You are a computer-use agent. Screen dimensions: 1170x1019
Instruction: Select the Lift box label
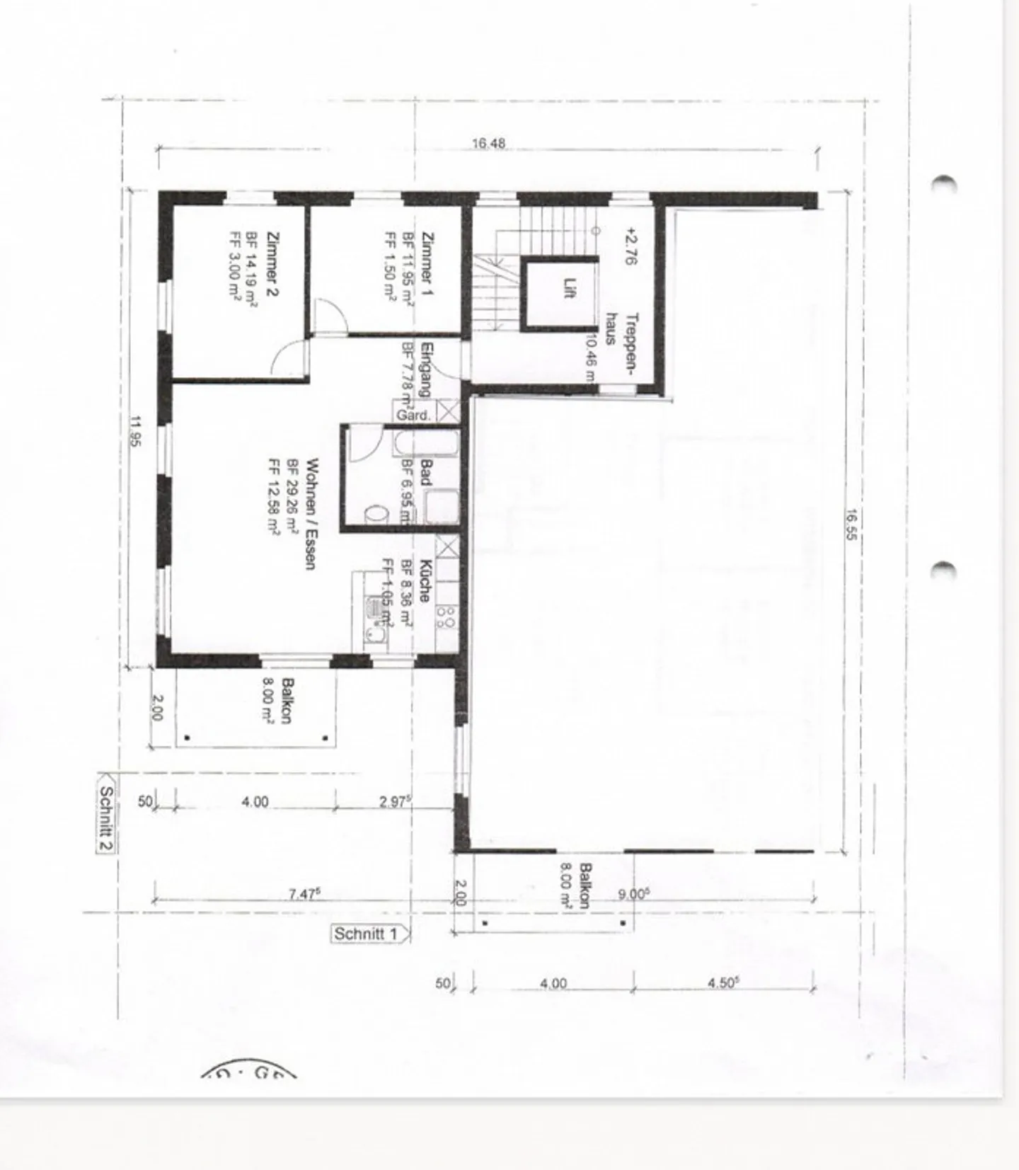(x=568, y=289)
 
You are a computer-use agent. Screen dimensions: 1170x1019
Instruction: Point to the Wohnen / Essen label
(x=310, y=514)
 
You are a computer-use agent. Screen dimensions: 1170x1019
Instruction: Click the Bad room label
(x=426, y=473)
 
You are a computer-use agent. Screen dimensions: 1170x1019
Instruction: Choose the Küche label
(x=425, y=580)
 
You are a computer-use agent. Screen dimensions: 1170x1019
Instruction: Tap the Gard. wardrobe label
(x=413, y=415)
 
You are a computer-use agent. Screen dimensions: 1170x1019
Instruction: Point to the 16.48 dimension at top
(x=488, y=144)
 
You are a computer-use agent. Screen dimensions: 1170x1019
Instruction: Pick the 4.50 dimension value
(x=723, y=982)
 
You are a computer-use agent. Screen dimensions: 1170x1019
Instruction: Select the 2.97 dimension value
(x=394, y=801)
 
